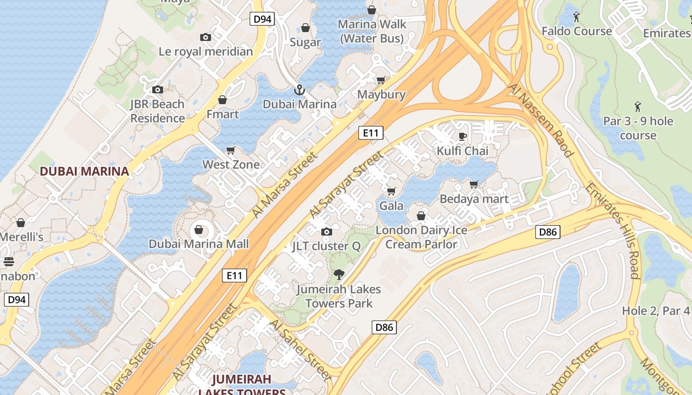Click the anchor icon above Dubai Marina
(299, 90)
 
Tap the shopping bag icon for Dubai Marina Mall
(199, 230)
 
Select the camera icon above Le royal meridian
(206, 37)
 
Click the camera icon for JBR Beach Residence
(158, 89)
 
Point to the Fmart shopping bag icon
(222, 100)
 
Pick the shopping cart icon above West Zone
(231, 150)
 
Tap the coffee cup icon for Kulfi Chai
(462, 136)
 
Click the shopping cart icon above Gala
(391, 191)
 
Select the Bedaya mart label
(474, 199)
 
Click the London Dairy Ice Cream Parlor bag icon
(421, 216)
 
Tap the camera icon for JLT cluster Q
(326, 232)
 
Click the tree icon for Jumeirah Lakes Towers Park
(339, 275)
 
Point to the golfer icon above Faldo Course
(576, 17)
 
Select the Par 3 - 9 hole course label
(638, 128)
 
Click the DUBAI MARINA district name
(84, 171)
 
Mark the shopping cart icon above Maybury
(381, 80)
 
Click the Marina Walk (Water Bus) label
(372, 31)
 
